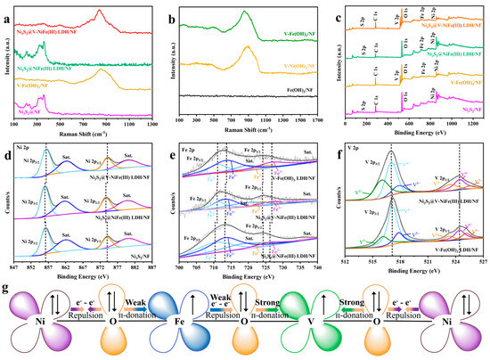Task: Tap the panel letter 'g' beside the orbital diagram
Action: (x=6, y=290)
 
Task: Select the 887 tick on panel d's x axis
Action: (x=153, y=266)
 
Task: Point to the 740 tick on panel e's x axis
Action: (x=318, y=266)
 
